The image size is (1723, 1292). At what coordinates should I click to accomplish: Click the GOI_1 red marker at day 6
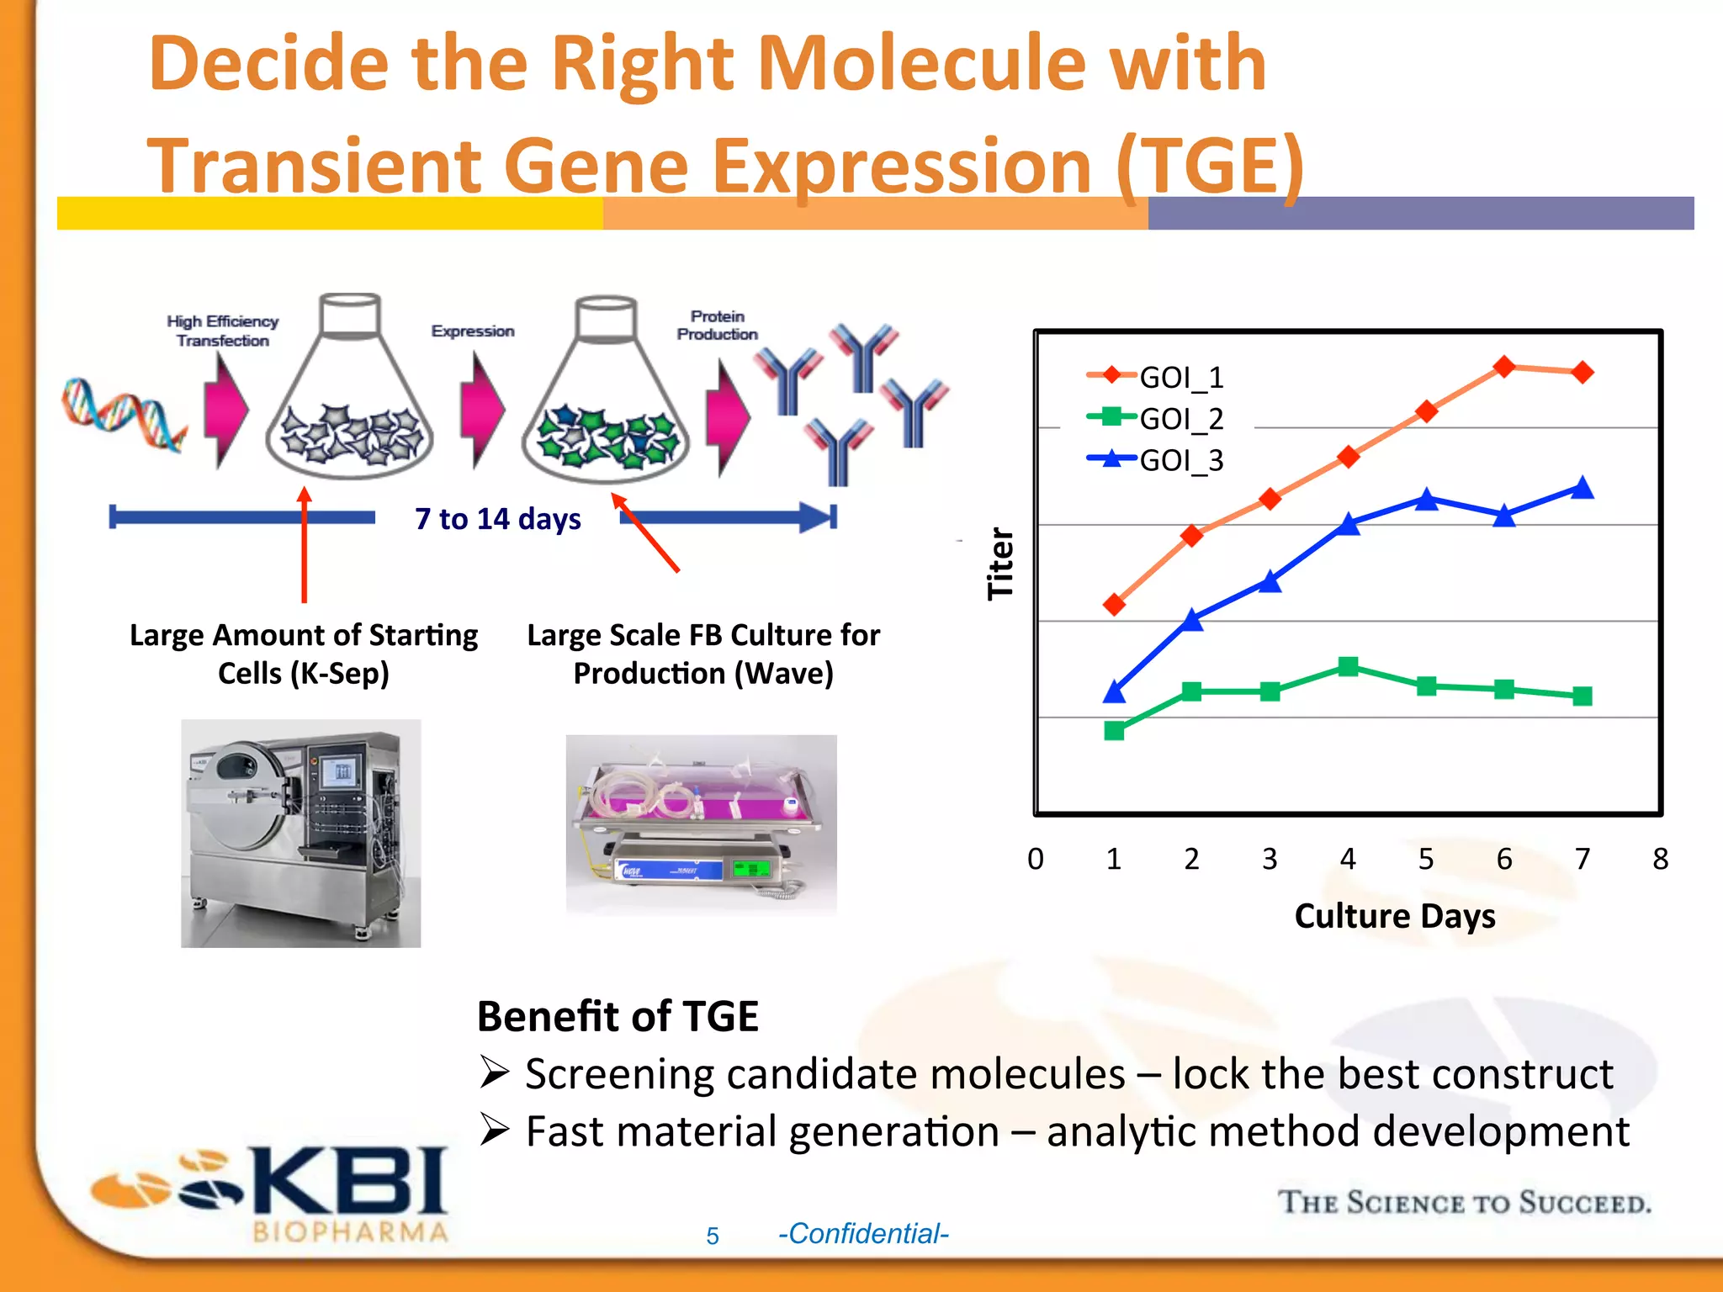pyautogui.click(x=1504, y=367)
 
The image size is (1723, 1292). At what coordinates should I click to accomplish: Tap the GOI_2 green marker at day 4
pyautogui.click(x=1348, y=667)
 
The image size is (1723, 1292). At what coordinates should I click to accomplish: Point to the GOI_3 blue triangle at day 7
pyautogui.click(x=1583, y=488)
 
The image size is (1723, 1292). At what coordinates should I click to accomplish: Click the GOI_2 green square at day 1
pyautogui.click(x=1114, y=730)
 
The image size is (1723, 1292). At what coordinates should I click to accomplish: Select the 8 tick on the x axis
pyautogui.click(x=1660, y=859)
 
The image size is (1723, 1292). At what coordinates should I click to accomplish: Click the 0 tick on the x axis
pyautogui.click(x=1036, y=859)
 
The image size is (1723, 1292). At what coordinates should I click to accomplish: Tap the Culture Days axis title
pyautogui.click(x=1395, y=916)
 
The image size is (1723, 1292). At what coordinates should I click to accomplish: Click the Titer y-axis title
pyautogui.click(x=1000, y=564)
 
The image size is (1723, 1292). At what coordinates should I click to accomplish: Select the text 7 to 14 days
pyautogui.click(x=498, y=519)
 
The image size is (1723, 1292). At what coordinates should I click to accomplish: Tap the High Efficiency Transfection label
pyautogui.click(x=222, y=331)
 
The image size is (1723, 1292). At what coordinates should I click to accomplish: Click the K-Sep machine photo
pyautogui.click(x=300, y=833)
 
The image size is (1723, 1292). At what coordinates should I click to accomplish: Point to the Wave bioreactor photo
pyautogui.click(x=701, y=824)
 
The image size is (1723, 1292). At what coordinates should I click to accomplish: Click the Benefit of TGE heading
pyautogui.click(x=618, y=1016)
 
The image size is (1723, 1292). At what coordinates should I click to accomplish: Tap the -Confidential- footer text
pyautogui.click(x=863, y=1234)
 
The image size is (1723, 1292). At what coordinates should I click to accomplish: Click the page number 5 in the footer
pyautogui.click(x=713, y=1236)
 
